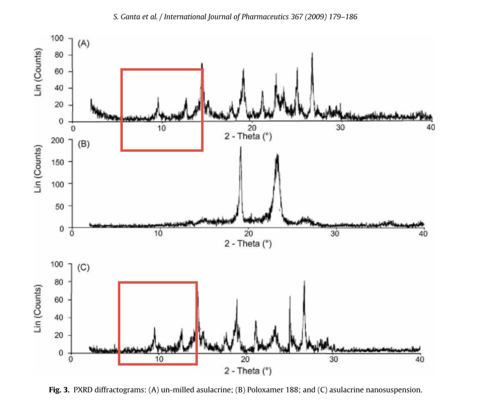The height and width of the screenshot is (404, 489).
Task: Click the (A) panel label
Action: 84,44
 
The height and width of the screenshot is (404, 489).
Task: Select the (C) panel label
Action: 84,267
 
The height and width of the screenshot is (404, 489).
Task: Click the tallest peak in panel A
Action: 312,54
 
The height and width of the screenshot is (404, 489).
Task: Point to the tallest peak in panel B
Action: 241,148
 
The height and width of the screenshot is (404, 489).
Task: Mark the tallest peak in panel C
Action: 304,282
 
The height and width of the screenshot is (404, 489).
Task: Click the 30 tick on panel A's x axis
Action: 341,128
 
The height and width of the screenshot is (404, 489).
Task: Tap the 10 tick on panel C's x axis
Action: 159,359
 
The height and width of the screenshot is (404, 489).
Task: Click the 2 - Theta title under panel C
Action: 248,370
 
